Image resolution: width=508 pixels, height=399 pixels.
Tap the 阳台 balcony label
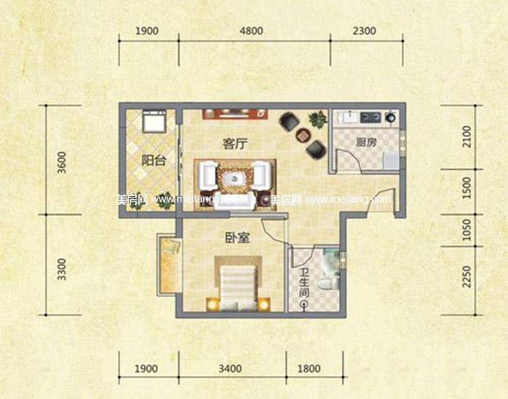coord(154,160)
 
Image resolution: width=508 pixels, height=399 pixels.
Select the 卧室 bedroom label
coord(236,239)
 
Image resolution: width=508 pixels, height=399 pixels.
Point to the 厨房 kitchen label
coord(366,142)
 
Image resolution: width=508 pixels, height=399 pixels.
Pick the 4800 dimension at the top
coord(253,31)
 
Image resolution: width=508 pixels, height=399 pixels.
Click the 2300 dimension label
coord(364,31)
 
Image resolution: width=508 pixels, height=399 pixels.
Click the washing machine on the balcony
coord(154,120)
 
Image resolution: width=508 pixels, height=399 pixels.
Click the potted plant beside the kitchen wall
coord(316,119)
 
